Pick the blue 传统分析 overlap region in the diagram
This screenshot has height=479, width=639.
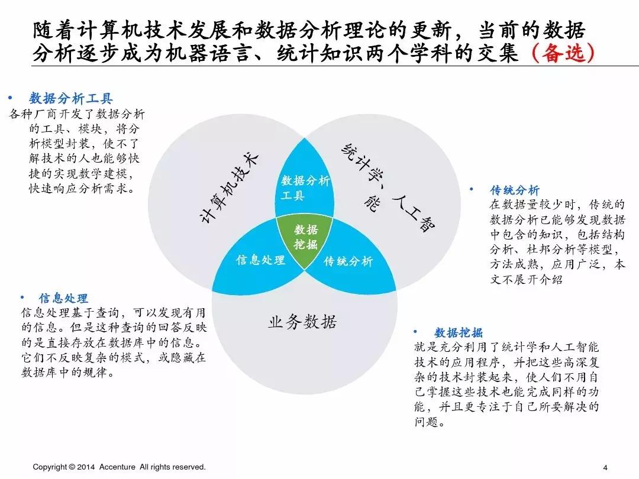(348, 261)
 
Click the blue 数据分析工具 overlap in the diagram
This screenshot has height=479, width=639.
(305, 187)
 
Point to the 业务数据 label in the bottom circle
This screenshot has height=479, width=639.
(302, 322)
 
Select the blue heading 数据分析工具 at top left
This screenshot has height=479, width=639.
(70, 99)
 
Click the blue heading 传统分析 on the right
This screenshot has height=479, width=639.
(515, 190)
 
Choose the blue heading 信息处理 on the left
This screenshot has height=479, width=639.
(63, 298)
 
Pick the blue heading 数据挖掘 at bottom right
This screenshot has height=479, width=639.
(459, 332)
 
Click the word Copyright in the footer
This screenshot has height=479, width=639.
(50, 467)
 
